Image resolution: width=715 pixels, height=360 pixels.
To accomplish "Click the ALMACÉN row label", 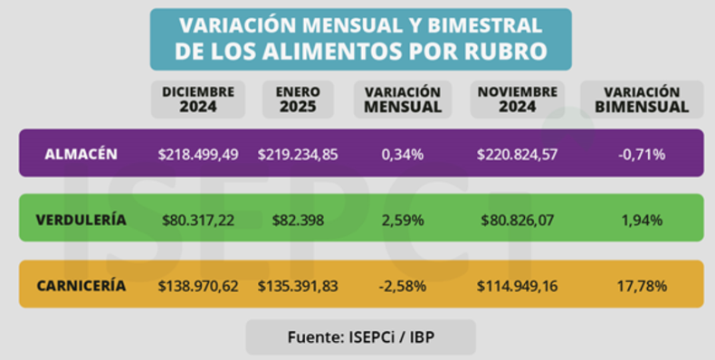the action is point(81,154).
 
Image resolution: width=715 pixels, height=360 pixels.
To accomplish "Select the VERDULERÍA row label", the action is point(81,220).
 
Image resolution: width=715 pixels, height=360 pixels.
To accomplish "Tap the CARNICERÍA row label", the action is point(81,286).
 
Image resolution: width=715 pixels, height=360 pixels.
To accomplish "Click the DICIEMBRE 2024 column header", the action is point(198,99).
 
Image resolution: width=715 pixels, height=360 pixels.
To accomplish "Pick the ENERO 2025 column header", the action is point(298,99).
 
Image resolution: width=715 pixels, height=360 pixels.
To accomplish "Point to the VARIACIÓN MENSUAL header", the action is point(403,99).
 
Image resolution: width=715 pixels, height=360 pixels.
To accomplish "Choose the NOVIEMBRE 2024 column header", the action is point(518,99).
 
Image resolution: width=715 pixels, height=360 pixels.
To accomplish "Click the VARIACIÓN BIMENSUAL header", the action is point(642,99).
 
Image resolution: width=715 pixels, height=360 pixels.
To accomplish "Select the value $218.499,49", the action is point(198,155).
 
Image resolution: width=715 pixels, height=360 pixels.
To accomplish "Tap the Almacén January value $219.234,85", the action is point(298,155).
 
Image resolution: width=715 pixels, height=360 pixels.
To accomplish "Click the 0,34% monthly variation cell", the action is point(403,155).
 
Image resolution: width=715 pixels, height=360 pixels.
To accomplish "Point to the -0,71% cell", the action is point(642,155).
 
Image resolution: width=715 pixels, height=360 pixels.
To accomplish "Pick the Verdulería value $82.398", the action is point(298,221).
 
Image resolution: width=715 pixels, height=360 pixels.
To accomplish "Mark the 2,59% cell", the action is point(403,221).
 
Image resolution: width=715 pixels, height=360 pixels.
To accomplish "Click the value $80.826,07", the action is point(518,221).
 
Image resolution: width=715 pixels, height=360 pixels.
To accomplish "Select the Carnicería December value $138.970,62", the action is point(198,287).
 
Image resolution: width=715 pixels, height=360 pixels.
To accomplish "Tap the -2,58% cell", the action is point(403,287).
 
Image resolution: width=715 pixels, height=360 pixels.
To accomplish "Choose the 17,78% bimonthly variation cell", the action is point(642,287).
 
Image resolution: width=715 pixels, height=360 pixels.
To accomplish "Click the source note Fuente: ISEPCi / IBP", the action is point(361,337).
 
